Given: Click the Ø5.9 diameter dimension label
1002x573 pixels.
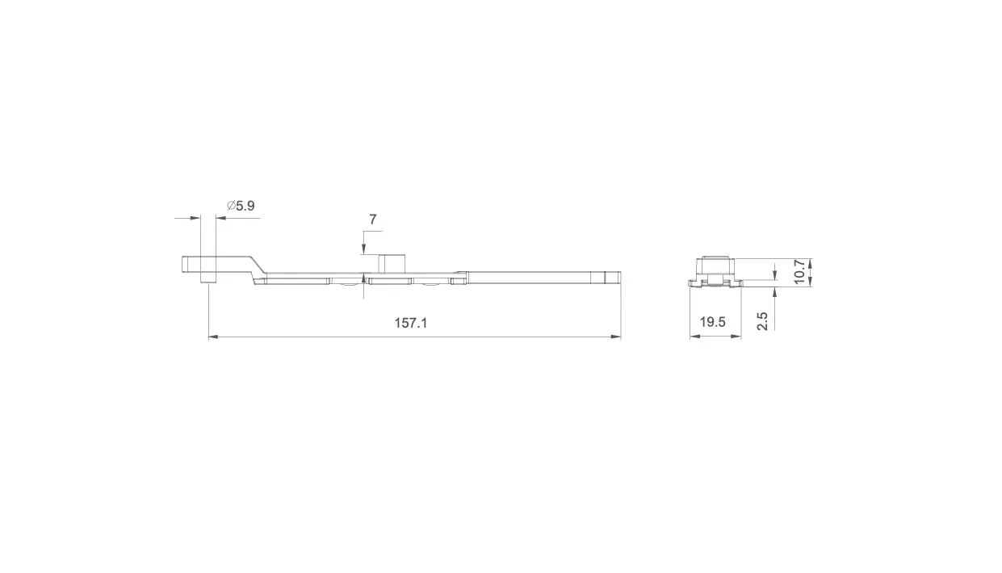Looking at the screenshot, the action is point(241,206).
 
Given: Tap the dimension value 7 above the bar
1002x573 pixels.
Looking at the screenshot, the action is point(372,220).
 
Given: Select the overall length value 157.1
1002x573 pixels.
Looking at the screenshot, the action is point(411,323).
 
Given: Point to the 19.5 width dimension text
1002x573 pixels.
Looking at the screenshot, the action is point(713,322).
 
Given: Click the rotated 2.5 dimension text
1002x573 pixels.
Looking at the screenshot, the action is point(762,321).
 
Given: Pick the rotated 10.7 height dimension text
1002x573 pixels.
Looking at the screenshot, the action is point(799,272).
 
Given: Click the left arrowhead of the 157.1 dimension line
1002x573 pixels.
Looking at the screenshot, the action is point(214,337).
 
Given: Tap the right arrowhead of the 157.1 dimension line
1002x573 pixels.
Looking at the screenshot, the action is point(616,337).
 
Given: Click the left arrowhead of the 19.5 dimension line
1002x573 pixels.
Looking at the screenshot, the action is point(694,336).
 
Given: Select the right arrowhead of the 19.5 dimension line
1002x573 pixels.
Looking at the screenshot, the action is point(736,336).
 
